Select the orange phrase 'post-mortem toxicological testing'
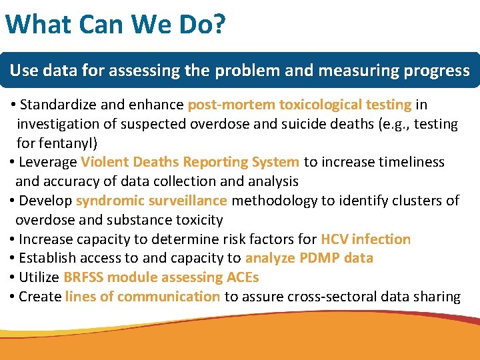pyautogui.click(x=299, y=105)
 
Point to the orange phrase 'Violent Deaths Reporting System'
pyautogui.click(x=190, y=162)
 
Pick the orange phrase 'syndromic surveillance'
pyautogui.click(x=151, y=201)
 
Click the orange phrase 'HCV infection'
pyautogui.click(x=365, y=239)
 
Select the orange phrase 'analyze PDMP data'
pyautogui.click(x=309, y=258)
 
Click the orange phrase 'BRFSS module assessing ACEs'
pyautogui.click(x=161, y=277)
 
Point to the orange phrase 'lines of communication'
pyautogui.click(x=143, y=297)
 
